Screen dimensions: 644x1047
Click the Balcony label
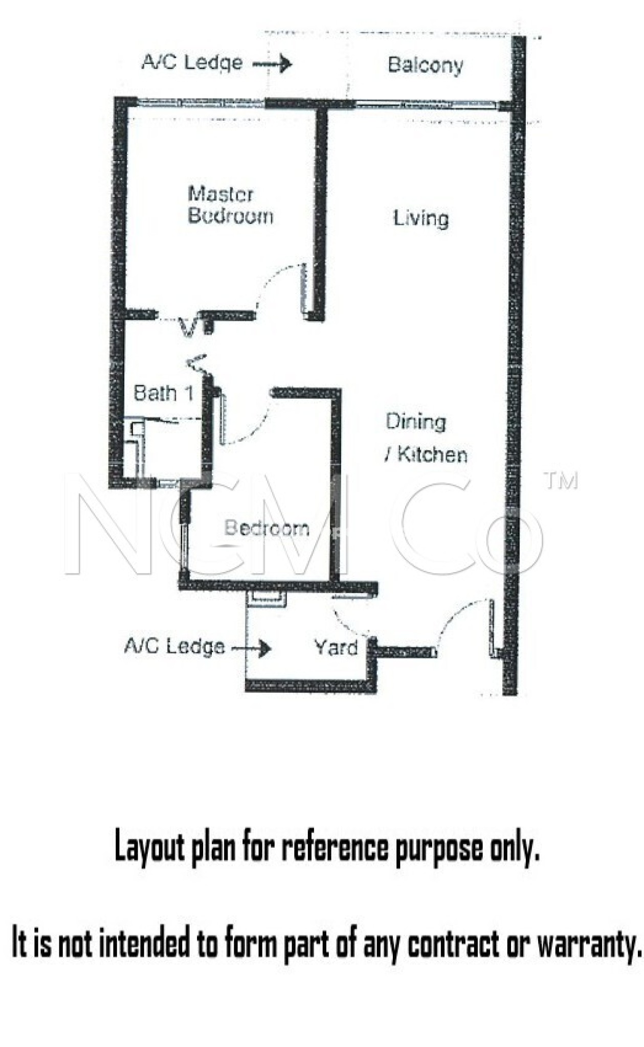click(x=425, y=65)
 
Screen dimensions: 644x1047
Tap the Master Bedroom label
click(x=230, y=204)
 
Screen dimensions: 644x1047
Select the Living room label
click(x=420, y=218)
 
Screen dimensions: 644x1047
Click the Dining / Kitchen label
click(x=426, y=438)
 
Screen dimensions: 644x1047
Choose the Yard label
click(x=336, y=647)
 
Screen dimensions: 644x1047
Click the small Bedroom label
click(x=267, y=528)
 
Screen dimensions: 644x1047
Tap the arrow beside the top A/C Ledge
click(x=273, y=63)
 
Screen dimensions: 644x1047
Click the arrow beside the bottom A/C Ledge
click(x=251, y=648)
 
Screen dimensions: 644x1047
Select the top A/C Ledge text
click(x=192, y=62)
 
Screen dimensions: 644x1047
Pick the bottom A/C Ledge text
click(x=174, y=646)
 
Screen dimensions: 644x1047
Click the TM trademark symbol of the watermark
click(x=561, y=481)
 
